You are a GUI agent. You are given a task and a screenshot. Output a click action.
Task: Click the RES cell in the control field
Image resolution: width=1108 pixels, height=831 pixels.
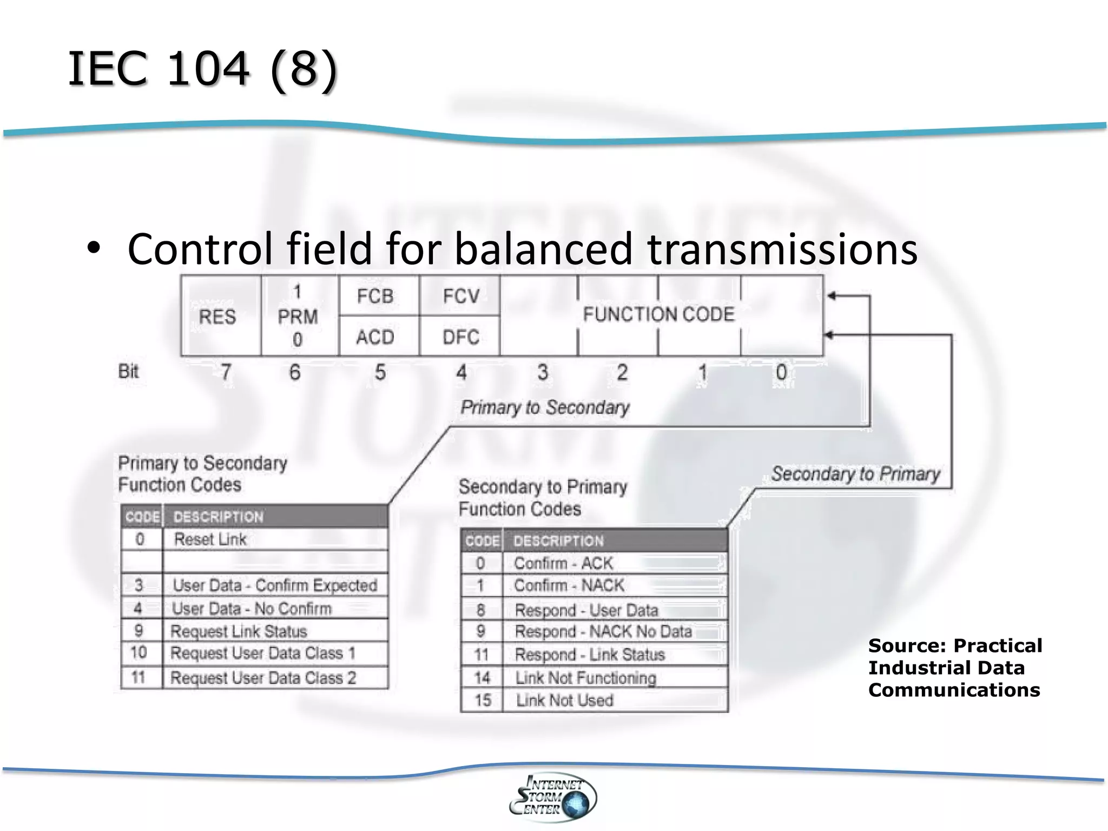217,316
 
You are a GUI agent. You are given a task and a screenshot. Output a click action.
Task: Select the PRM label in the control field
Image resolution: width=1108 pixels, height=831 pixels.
298,316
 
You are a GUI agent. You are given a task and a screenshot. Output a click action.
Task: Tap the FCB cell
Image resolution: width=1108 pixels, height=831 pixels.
375,296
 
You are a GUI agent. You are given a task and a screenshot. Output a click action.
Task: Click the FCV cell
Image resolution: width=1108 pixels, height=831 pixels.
461,296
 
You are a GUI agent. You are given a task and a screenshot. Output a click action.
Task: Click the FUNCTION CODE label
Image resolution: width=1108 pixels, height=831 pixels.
658,314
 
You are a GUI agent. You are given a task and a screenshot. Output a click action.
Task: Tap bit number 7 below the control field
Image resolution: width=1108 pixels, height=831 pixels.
226,372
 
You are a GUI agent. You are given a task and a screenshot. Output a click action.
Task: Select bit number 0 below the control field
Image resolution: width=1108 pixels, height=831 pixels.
781,372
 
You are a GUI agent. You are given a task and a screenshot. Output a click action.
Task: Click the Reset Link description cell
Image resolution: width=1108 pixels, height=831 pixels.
210,539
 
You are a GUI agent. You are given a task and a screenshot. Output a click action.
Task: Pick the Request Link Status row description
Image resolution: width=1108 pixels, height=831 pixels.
239,631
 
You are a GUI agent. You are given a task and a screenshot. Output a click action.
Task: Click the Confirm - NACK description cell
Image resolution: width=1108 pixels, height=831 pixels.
569,585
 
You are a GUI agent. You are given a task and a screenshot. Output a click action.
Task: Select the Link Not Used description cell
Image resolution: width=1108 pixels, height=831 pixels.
564,701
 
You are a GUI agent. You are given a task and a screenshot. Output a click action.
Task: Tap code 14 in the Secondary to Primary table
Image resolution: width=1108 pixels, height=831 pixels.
482,678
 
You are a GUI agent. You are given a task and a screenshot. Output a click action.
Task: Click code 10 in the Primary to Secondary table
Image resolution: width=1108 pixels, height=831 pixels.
138,653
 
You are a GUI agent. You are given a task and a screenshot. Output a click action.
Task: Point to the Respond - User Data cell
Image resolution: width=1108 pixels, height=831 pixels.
586,610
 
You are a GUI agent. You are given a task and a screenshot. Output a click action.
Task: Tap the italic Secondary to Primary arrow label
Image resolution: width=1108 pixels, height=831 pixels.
855,474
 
